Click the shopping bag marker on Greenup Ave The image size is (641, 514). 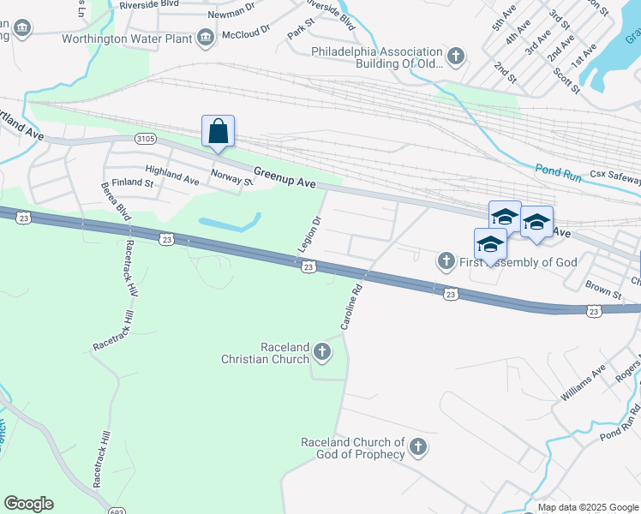(x=219, y=132)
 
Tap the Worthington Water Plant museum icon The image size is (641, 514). (x=206, y=38)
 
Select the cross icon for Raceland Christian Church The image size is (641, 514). (x=321, y=351)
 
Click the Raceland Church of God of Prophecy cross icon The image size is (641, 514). (x=417, y=446)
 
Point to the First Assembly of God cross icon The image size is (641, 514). (x=445, y=260)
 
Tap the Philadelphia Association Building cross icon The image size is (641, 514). (x=456, y=57)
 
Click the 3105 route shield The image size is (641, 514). (x=145, y=139)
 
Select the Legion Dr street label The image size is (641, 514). (x=309, y=234)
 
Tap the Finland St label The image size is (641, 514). (x=136, y=182)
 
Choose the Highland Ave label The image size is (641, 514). (x=171, y=175)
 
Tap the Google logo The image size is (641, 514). (x=28, y=504)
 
